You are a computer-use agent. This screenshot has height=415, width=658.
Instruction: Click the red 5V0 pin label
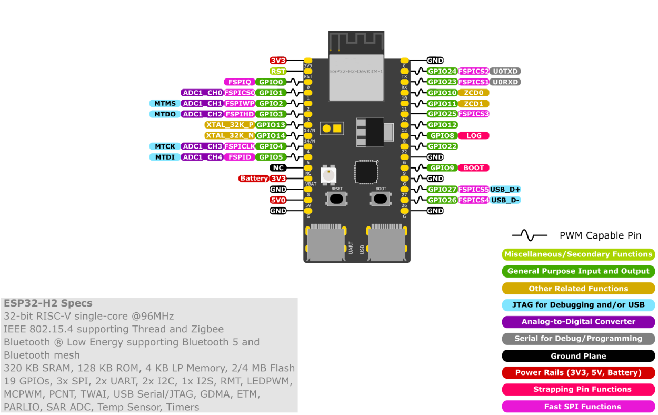(x=278, y=200)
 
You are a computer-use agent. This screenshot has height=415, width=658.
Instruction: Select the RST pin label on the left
(x=278, y=71)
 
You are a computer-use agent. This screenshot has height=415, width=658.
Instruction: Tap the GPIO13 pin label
(x=271, y=125)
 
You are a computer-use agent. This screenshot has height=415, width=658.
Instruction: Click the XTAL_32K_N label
(x=230, y=136)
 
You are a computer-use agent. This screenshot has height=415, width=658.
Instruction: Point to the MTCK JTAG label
(x=165, y=146)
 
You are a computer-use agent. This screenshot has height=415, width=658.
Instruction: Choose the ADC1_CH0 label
(x=202, y=93)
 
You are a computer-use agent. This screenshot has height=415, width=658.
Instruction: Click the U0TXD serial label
(x=505, y=71)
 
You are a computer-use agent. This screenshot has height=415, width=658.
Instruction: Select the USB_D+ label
(x=506, y=190)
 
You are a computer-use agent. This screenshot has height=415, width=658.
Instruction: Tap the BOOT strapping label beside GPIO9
(x=474, y=168)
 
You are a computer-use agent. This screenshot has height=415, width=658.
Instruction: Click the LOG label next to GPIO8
(x=474, y=136)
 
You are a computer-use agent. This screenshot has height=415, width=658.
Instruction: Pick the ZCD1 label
(x=474, y=104)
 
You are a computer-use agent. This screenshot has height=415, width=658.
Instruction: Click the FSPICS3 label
(x=474, y=114)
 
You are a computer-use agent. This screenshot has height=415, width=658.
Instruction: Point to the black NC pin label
(x=278, y=168)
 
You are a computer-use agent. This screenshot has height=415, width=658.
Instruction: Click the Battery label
(x=254, y=179)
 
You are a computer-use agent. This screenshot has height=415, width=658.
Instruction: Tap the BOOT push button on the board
(x=381, y=198)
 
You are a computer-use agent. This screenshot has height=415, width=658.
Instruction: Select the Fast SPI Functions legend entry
(x=578, y=407)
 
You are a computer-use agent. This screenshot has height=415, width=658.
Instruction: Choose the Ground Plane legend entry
(x=578, y=356)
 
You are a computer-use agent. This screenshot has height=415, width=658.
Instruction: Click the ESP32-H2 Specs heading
(x=48, y=303)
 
